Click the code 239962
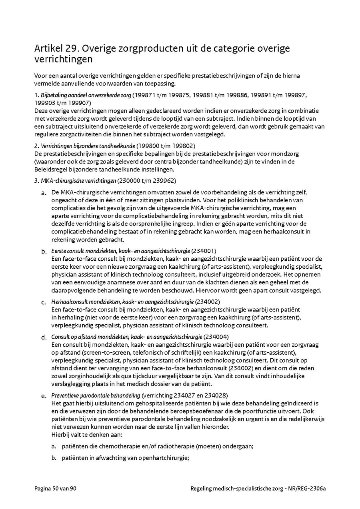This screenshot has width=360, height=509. tap(164, 181)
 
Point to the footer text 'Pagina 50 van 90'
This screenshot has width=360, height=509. tap(55, 488)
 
